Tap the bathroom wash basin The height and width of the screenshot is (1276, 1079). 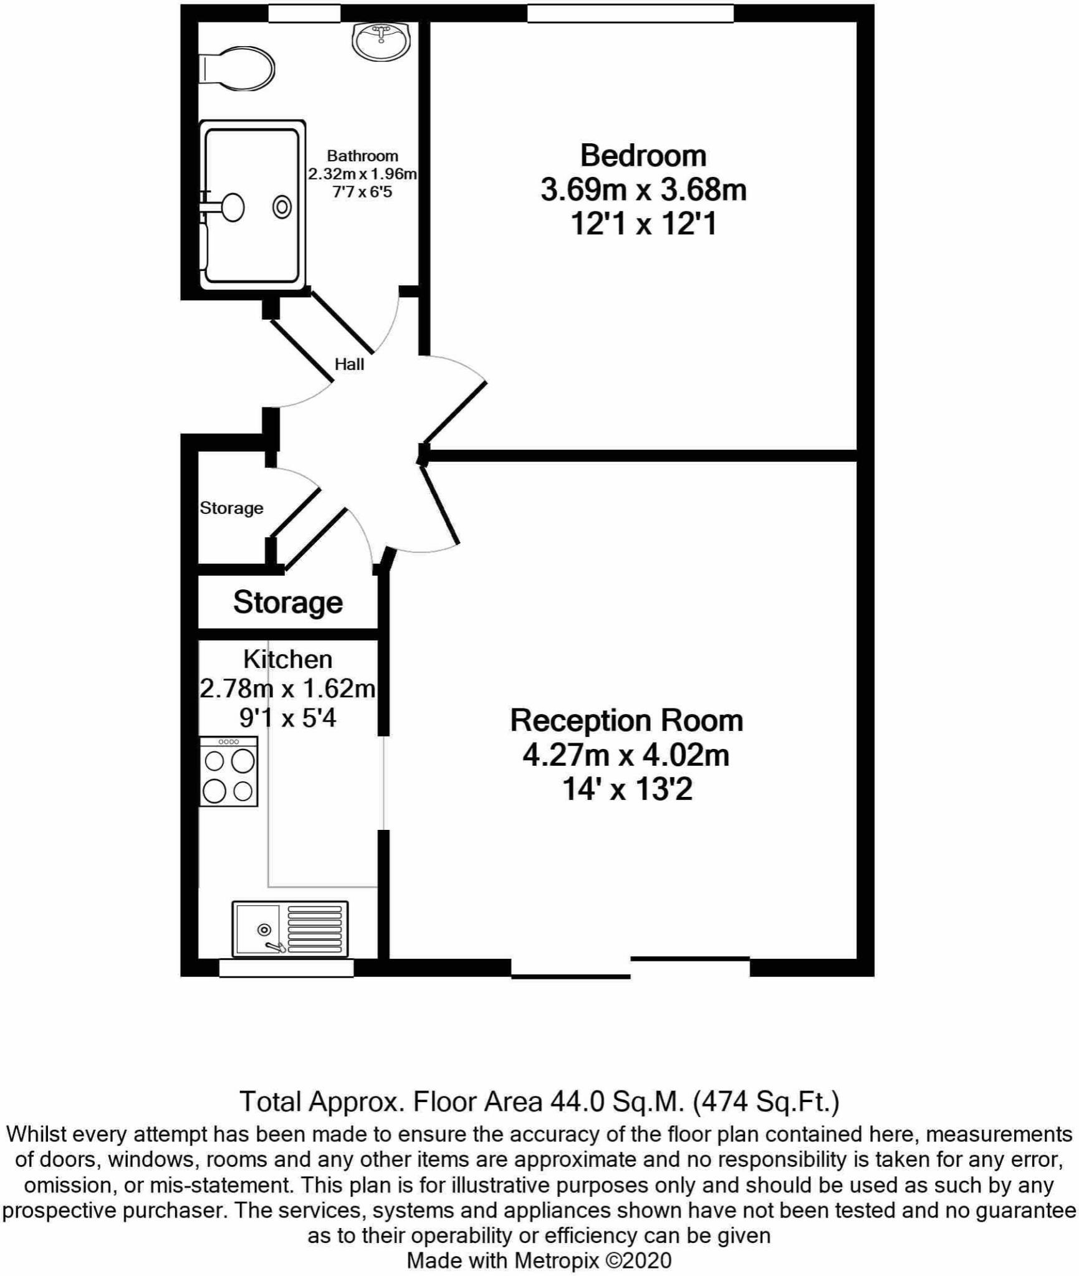pyautogui.click(x=381, y=41)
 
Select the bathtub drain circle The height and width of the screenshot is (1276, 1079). pyautogui.click(x=282, y=207)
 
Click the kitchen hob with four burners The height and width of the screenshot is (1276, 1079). pyautogui.click(x=229, y=772)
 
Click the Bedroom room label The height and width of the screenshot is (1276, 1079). pyautogui.click(x=643, y=155)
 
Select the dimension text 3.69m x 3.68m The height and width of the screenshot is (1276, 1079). pyautogui.click(x=643, y=189)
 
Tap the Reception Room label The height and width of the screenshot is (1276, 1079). pyautogui.click(x=626, y=720)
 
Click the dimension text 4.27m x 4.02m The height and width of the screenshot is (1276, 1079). pyautogui.click(x=626, y=755)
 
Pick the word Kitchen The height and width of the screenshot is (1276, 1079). pyautogui.click(x=287, y=659)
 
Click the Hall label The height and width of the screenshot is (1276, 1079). pyautogui.click(x=349, y=364)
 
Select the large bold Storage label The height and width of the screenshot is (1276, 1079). pyautogui.click(x=288, y=602)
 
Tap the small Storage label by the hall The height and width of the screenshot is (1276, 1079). pyautogui.click(x=231, y=508)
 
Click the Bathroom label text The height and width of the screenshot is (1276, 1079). pyautogui.click(x=362, y=156)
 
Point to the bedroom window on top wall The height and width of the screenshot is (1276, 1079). pyautogui.click(x=630, y=13)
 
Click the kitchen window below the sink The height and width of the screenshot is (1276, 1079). pyautogui.click(x=286, y=968)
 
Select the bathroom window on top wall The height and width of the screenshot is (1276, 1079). pyautogui.click(x=304, y=13)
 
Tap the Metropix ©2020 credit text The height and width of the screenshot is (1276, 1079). pyautogui.click(x=592, y=1260)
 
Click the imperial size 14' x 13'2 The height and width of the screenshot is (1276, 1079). pyautogui.click(x=627, y=789)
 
